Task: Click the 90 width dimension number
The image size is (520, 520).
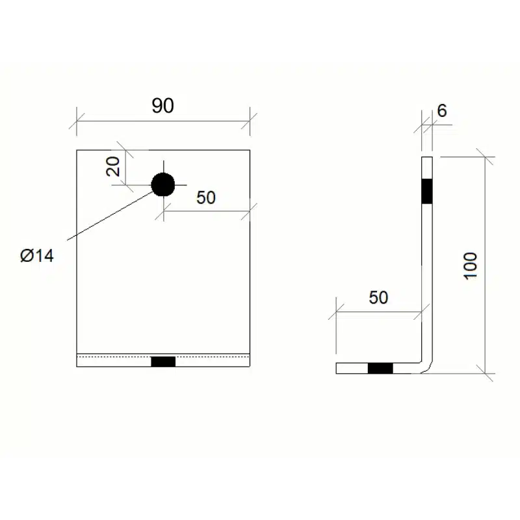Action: tap(163, 106)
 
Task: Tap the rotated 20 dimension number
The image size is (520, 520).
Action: tap(114, 166)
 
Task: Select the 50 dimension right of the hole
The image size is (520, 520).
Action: tap(205, 197)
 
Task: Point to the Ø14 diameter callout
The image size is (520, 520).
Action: tap(37, 255)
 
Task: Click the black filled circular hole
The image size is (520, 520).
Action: tap(163, 185)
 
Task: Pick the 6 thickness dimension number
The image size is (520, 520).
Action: tap(442, 110)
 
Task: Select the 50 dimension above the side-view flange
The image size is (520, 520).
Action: tap(378, 298)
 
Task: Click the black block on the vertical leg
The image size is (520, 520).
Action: tap(427, 190)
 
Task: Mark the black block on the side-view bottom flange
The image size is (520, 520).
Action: tap(380, 369)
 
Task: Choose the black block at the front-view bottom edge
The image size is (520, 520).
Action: tap(163, 361)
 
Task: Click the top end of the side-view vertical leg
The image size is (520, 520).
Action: tap(427, 157)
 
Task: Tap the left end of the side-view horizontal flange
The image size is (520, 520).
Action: tap(337, 369)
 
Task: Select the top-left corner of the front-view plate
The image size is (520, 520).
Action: tap(77, 150)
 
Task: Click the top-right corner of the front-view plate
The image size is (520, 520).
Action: tap(250, 150)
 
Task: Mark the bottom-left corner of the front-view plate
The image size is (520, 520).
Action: tap(77, 367)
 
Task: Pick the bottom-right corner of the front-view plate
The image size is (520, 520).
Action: tap(250, 367)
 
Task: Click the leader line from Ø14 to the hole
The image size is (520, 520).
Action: tap(110, 215)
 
